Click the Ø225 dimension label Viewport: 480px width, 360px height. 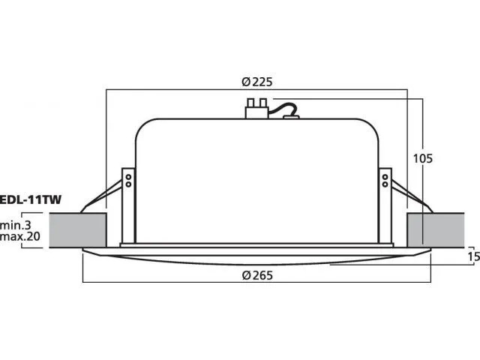[256, 83]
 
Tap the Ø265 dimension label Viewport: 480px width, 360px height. [256, 275]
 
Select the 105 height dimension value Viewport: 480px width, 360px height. [423, 158]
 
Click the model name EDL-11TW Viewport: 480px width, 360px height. [31, 200]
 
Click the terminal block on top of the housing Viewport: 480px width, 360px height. [256, 108]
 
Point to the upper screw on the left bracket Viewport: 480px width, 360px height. [128, 176]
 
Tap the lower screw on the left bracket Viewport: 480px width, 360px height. [128, 183]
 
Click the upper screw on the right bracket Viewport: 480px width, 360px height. [385, 176]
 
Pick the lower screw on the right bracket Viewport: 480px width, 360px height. [385, 183]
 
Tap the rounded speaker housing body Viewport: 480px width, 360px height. [256, 180]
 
